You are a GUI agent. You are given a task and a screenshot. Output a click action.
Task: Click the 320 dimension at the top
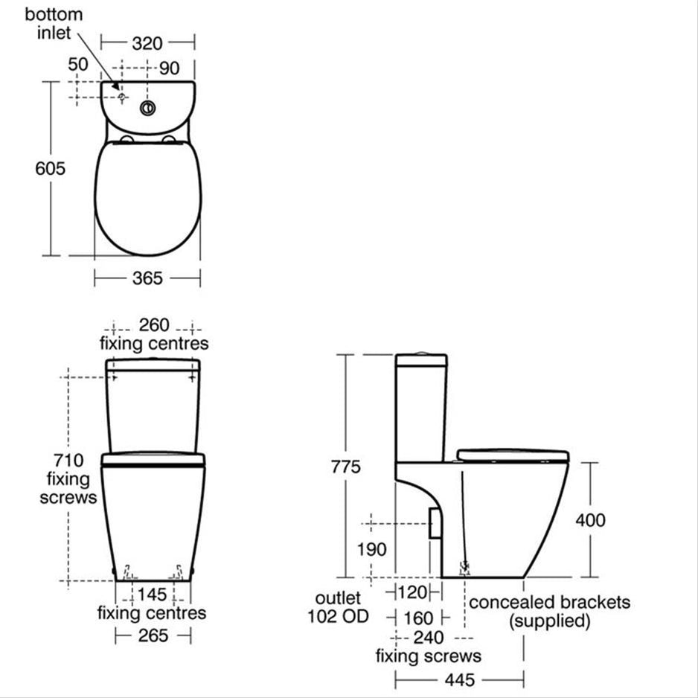click(x=147, y=43)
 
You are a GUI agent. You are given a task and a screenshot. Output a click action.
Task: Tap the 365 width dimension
click(x=147, y=278)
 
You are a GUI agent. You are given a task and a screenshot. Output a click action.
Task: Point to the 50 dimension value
click(x=78, y=65)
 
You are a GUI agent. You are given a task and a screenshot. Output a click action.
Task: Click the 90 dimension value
click(x=170, y=68)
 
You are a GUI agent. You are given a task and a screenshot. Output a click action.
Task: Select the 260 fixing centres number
click(x=153, y=326)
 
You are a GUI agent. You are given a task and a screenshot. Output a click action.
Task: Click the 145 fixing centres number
click(x=153, y=594)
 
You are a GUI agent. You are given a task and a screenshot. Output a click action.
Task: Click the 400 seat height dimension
click(x=590, y=519)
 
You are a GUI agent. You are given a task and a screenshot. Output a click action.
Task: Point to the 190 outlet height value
click(x=371, y=549)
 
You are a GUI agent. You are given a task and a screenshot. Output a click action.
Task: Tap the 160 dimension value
click(x=417, y=617)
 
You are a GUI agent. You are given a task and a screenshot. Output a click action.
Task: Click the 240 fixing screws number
click(x=429, y=638)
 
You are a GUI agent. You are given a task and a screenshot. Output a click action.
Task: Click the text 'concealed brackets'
click(x=549, y=601)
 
